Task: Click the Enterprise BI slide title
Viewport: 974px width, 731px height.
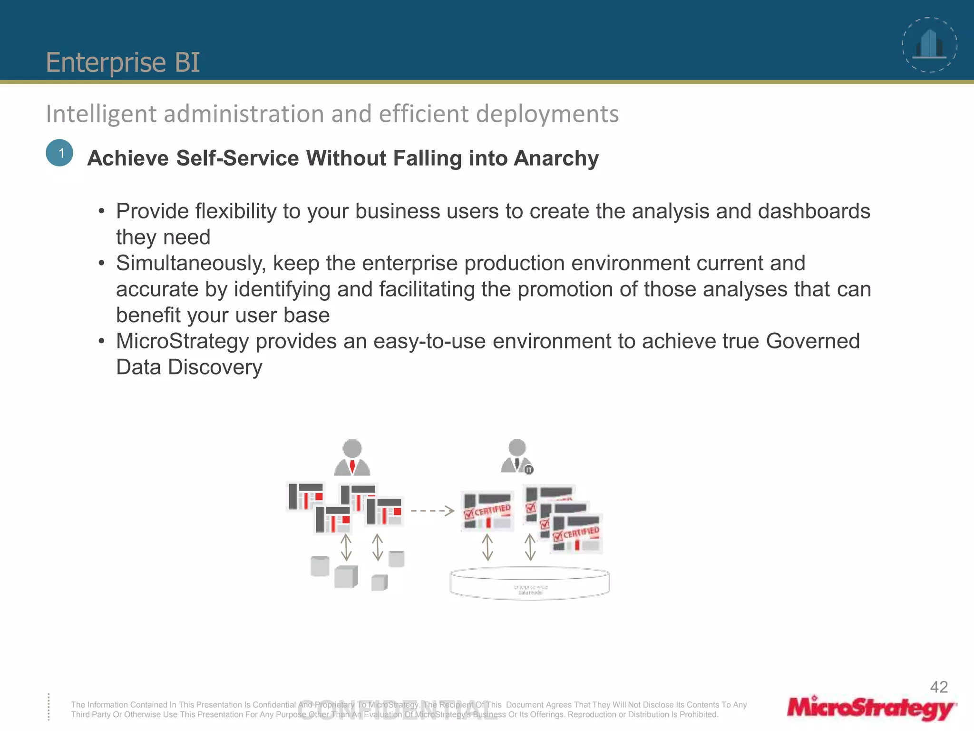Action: (x=123, y=62)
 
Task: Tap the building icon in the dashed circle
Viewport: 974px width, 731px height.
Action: (x=929, y=45)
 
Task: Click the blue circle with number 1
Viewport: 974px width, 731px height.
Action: (x=60, y=153)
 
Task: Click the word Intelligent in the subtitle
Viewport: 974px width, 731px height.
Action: (x=101, y=114)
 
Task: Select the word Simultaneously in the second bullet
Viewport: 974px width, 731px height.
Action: (x=191, y=263)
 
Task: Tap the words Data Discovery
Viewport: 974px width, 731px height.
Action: (x=189, y=367)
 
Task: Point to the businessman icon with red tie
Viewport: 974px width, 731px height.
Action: (x=352, y=457)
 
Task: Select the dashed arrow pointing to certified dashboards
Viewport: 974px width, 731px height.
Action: (x=432, y=511)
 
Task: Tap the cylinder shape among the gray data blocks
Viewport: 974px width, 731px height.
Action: (x=320, y=566)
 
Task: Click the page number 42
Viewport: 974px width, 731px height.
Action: (x=938, y=687)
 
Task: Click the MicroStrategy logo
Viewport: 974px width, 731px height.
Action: (x=871, y=708)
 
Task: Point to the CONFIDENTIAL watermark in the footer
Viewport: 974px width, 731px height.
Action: (x=397, y=710)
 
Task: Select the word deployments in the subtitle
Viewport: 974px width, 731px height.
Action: (x=547, y=114)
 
